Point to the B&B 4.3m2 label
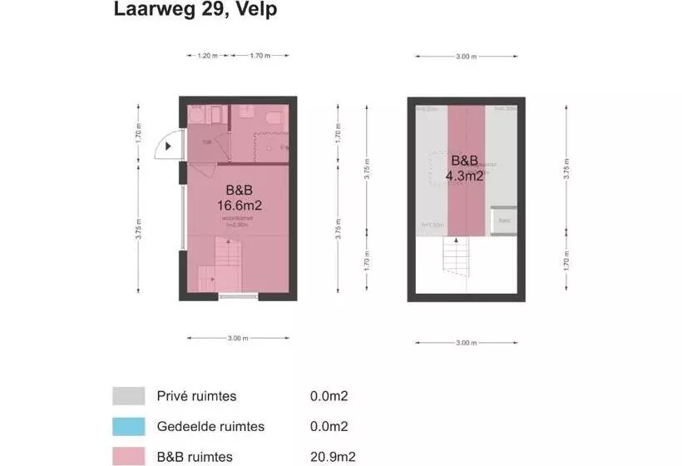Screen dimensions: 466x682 coord(465,168)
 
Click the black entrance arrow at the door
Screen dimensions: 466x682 coord(169,146)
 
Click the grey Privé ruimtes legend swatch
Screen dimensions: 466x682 coord(129,396)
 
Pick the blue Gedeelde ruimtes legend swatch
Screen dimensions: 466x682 coord(129,427)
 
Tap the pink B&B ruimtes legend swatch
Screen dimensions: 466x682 coord(129,457)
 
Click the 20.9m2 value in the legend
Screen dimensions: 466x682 coord(329,457)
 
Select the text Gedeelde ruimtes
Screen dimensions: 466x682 coord(210,427)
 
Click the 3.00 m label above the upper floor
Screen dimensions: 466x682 coord(467,57)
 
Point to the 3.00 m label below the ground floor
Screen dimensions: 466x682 coord(237,338)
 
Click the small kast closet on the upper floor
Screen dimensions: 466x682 coord(504,221)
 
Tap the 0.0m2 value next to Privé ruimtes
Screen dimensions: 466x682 coord(329,396)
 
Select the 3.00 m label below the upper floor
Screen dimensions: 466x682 coord(467,343)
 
